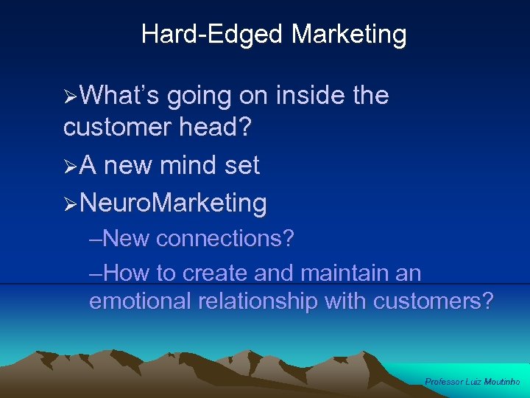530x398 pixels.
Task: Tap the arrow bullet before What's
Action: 71,96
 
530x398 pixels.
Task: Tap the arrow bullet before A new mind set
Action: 71,166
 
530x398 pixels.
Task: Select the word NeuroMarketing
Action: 173,202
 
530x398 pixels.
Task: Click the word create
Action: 215,273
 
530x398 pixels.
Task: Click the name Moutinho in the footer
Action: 502,382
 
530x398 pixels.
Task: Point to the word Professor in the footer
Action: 444,382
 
